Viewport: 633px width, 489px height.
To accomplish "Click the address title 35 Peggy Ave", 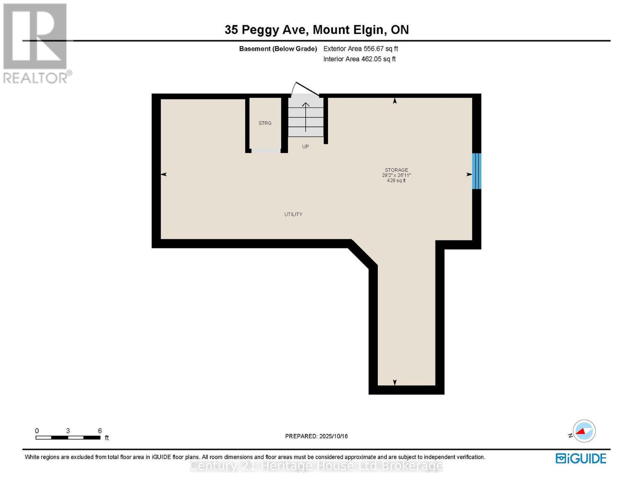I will pyautogui.click(x=316, y=30).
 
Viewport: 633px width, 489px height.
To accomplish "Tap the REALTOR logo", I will pyautogui.click(x=36, y=43).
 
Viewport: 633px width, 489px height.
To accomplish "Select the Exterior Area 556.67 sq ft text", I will pyautogui.click(x=360, y=48).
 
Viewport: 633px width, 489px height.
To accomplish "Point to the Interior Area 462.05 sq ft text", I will pyautogui.click(x=359, y=59).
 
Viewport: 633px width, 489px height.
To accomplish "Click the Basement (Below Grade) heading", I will pyautogui.click(x=278, y=48).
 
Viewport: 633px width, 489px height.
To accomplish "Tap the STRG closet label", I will pyautogui.click(x=265, y=123).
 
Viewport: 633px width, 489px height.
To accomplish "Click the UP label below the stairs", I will pyautogui.click(x=305, y=146).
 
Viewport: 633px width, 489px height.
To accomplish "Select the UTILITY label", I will pyautogui.click(x=293, y=214).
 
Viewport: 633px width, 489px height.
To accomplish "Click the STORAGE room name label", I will pyautogui.click(x=396, y=170).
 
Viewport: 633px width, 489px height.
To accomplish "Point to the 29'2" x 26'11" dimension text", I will pyautogui.click(x=396, y=175).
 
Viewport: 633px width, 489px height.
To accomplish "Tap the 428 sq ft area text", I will pyautogui.click(x=396, y=181).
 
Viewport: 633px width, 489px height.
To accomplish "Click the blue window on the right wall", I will pyautogui.click(x=476, y=171).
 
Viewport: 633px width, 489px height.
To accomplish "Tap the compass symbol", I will pyautogui.click(x=584, y=431).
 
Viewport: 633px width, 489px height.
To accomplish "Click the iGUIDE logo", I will pyautogui.click(x=581, y=458).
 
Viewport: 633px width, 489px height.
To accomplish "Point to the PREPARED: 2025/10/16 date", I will pyautogui.click(x=316, y=436).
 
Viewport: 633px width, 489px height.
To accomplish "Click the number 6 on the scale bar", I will pyautogui.click(x=100, y=431).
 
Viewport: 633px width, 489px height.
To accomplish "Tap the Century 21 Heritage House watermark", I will pyautogui.click(x=316, y=466).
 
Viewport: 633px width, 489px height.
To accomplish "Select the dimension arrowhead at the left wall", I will pyautogui.click(x=164, y=174).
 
